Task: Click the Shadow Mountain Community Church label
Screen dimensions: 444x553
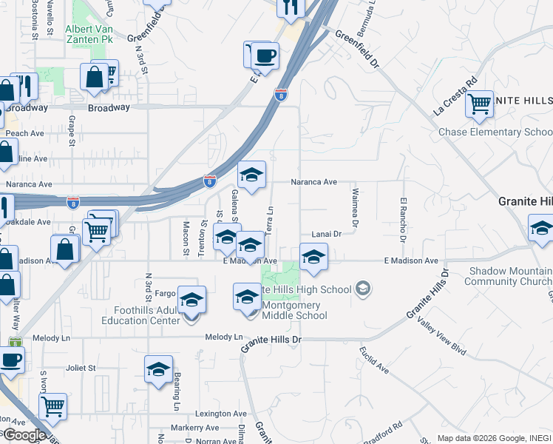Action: (507, 277)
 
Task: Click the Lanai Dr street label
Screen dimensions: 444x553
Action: (326, 233)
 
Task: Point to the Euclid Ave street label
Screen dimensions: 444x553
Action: (374, 358)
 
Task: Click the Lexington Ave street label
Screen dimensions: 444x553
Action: (221, 414)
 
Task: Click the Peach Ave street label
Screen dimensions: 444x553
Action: (26, 133)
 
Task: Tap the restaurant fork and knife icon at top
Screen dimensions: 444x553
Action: (291, 7)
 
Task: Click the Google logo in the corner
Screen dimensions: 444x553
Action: (24, 436)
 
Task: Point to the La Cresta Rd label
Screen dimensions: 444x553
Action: (455, 98)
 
